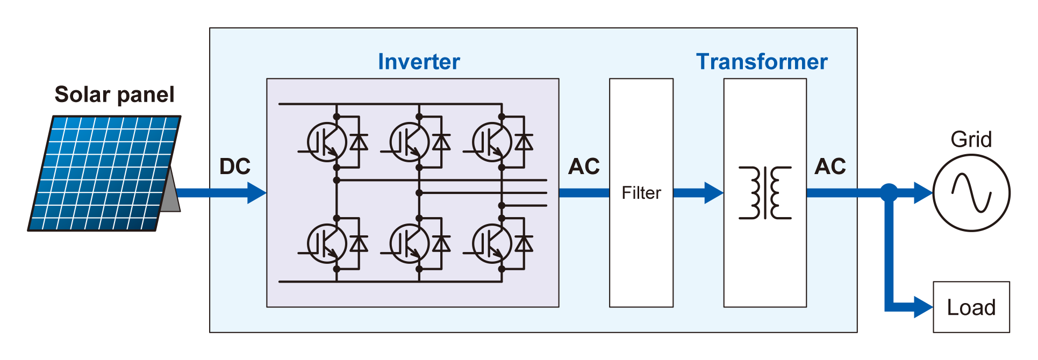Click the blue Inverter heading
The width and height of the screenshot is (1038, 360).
(x=419, y=62)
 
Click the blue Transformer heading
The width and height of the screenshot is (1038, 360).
(x=761, y=62)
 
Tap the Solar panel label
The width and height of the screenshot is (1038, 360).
(x=114, y=95)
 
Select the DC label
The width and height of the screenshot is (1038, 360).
(x=235, y=167)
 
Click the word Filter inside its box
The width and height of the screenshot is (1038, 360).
(x=641, y=193)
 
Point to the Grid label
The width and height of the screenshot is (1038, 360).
(x=971, y=140)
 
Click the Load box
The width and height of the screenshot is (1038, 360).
(x=971, y=307)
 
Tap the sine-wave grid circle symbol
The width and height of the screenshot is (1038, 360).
(x=971, y=193)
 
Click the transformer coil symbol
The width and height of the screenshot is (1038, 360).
(x=764, y=193)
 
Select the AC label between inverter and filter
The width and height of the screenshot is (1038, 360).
(x=584, y=167)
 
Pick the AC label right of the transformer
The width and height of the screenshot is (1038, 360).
(x=830, y=167)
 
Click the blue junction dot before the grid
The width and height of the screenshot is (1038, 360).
(x=889, y=192)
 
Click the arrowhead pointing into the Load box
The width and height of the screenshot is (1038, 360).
(x=923, y=307)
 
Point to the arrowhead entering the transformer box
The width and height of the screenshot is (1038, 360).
(x=713, y=193)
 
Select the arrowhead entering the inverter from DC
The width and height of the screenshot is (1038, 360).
(x=256, y=193)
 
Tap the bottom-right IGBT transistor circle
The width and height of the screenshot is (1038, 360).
(x=491, y=244)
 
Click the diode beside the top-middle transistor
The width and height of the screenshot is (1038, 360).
(x=441, y=142)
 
